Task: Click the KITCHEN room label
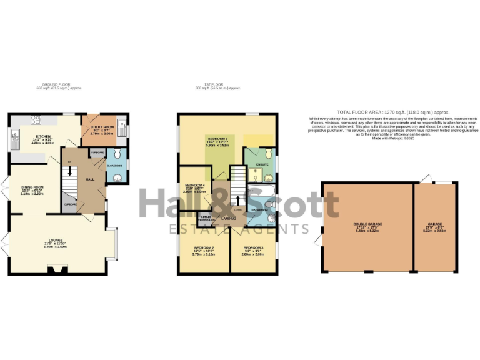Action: click(43, 136)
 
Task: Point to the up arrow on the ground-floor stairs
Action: click(68, 169)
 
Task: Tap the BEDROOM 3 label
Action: click(253, 247)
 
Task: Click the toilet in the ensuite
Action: click(267, 154)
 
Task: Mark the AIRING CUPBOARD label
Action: click(206, 219)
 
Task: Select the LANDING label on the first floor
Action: click(228, 218)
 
